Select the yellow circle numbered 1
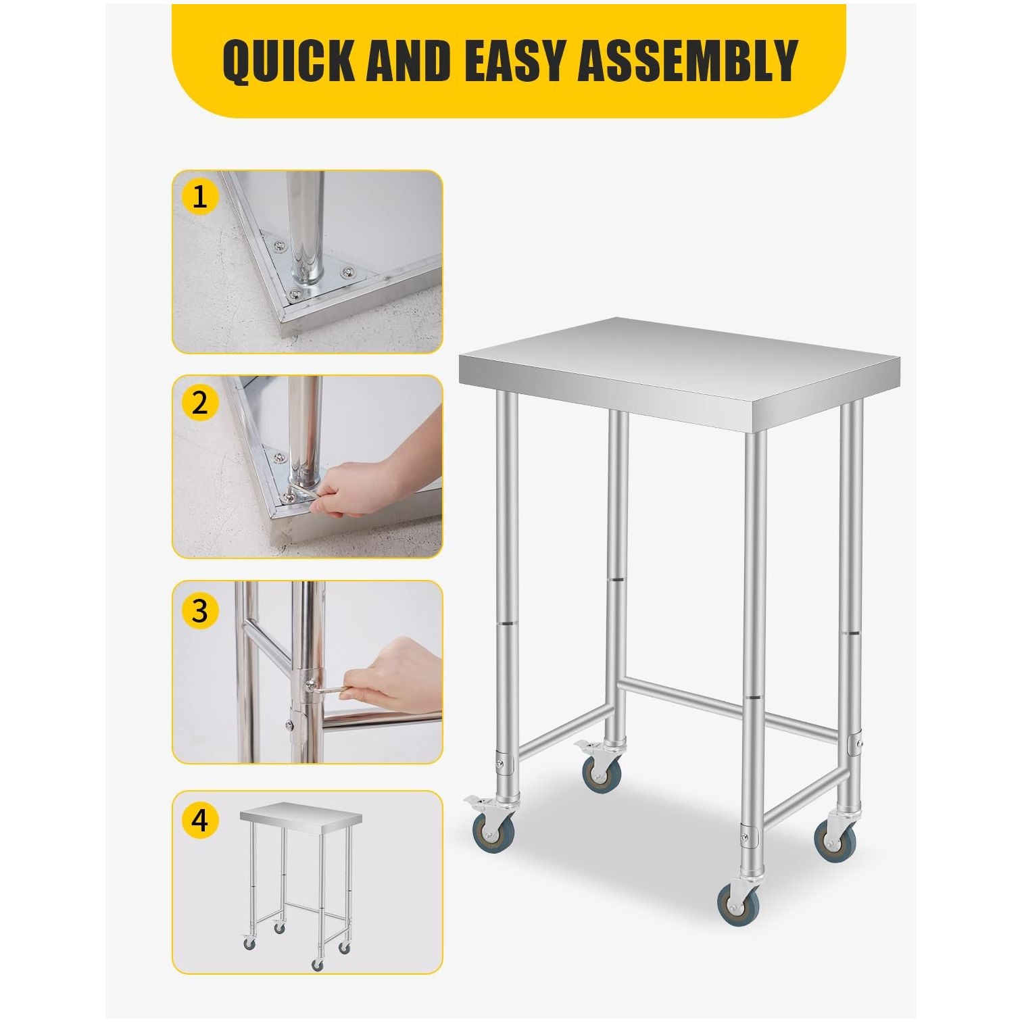click(199, 197)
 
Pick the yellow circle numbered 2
click(199, 403)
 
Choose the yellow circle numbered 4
click(199, 821)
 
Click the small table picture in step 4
click(297, 879)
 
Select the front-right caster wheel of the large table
click(737, 903)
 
